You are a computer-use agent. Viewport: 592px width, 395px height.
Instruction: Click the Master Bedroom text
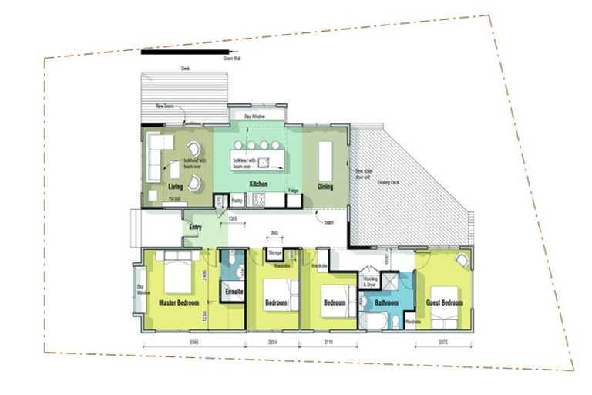[x=180, y=302]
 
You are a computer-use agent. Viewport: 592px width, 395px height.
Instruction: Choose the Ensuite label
[x=234, y=292]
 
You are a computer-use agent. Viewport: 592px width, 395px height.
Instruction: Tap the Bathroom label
[x=385, y=303]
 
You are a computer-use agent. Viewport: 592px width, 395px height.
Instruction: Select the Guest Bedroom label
[x=444, y=303]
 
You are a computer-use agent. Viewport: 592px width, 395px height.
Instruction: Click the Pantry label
[x=237, y=200]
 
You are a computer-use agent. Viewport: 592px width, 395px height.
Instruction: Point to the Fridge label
[x=293, y=190]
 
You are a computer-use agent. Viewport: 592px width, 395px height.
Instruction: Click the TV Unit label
[x=174, y=200]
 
